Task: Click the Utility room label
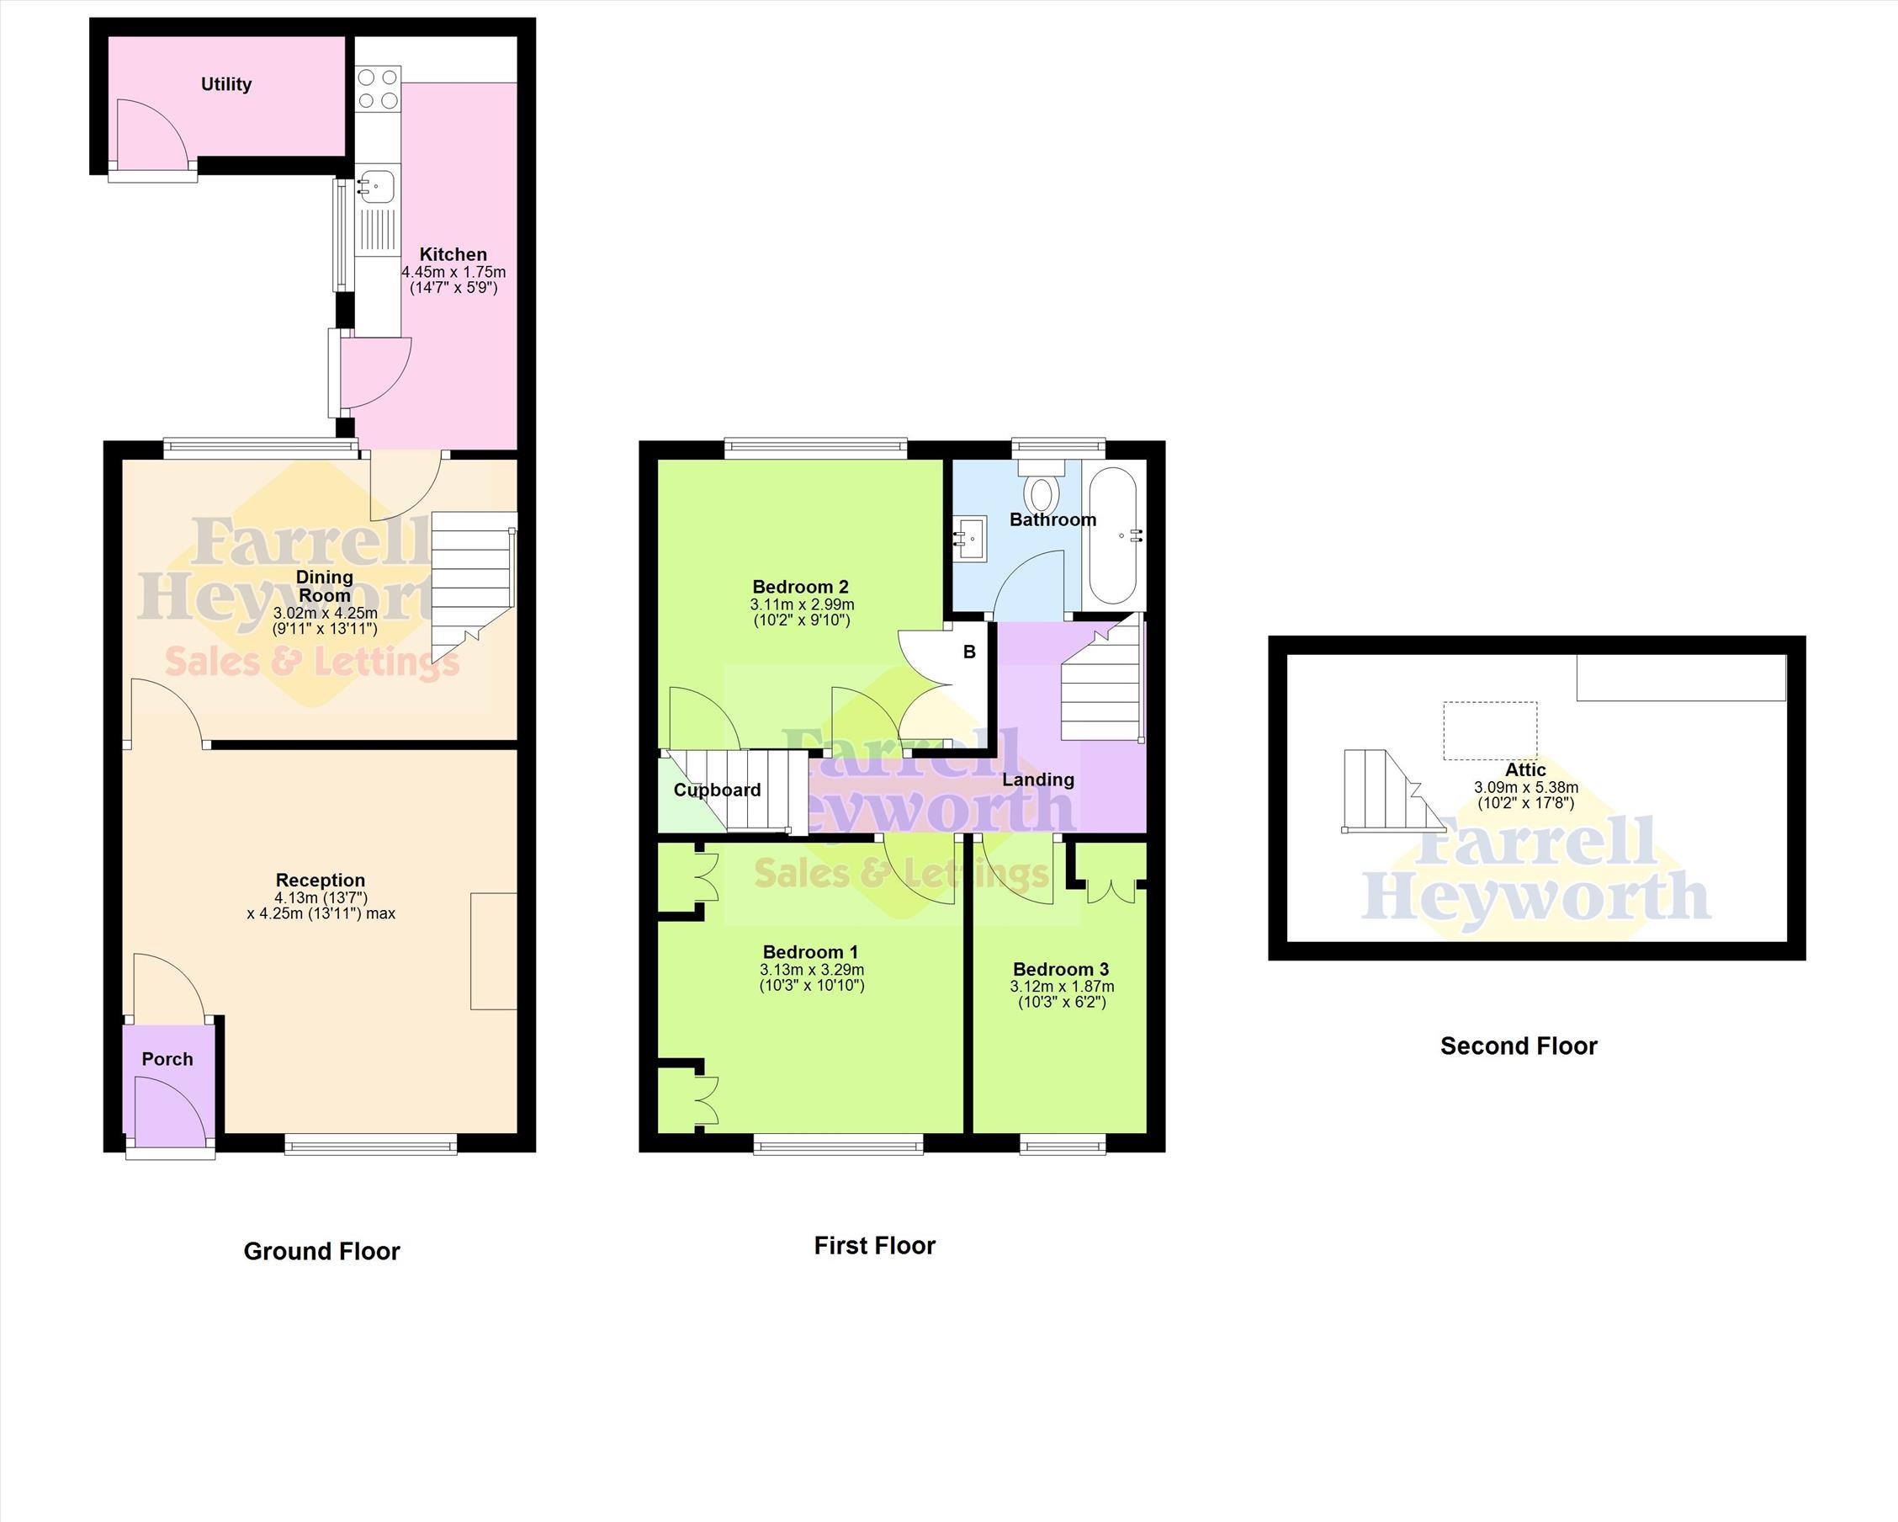(x=226, y=84)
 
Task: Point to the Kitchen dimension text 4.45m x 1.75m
(x=453, y=272)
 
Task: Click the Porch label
(x=167, y=1059)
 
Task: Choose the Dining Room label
(x=325, y=586)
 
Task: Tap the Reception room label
(x=321, y=880)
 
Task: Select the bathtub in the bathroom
(x=1115, y=535)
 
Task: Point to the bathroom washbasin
(x=970, y=535)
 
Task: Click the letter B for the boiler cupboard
(x=969, y=652)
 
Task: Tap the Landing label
(x=1038, y=780)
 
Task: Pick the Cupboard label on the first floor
(x=718, y=790)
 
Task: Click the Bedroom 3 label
(x=1061, y=970)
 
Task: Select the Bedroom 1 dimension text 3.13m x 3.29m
(x=812, y=970)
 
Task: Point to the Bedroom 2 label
(x=800, y=588)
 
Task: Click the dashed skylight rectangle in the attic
(x=1491, y=731)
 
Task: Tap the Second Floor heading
(x=1519, y=1046)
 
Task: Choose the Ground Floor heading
(x=321, y=1251)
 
